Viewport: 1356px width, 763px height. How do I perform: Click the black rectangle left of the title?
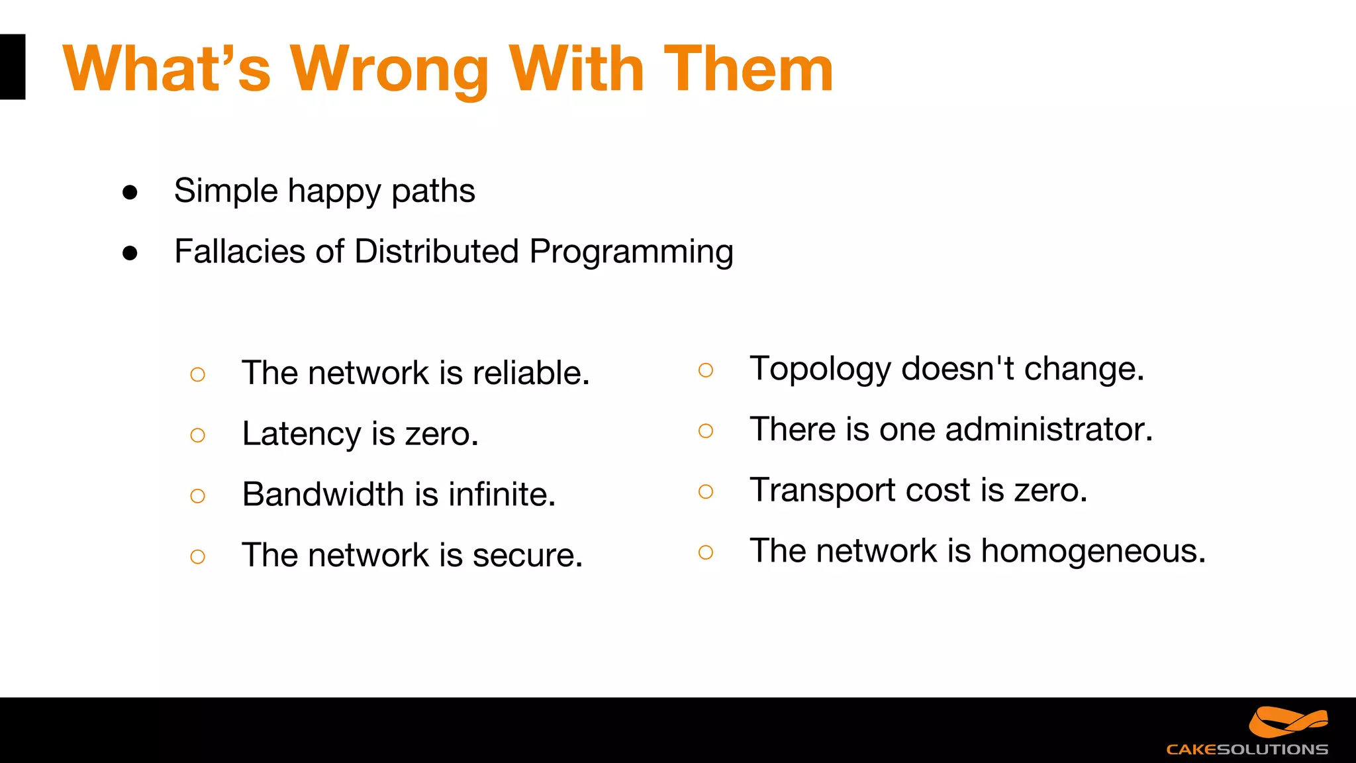[x=12, y=67]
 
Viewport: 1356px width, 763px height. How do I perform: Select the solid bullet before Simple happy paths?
[x=130, y=193]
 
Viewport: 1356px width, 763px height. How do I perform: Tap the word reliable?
[x=530, y=372]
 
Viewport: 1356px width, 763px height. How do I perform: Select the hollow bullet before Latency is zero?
[x=197, y=435]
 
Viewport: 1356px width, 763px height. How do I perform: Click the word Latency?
[x=301, y=434]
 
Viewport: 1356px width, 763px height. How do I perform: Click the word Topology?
[x=820, y=370]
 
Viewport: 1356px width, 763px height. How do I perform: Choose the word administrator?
[x=1049, y=429]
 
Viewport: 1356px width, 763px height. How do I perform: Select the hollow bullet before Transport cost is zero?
[x=706, y=491]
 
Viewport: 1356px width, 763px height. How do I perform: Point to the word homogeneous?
[x=1092, y=551]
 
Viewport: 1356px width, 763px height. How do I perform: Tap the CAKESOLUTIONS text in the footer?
[x=1247, y=750]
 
